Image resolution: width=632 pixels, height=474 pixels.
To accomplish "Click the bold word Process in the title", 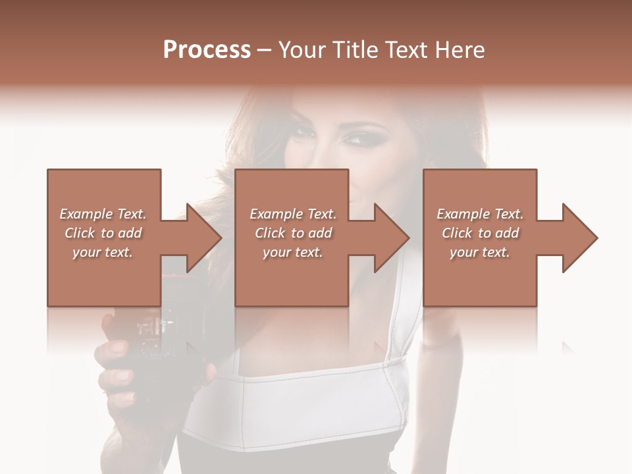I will (x=207, y=50).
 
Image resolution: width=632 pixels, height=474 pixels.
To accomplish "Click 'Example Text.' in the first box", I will (x=103, y=214).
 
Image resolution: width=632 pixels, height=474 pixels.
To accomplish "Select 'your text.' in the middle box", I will (x=292, y=252).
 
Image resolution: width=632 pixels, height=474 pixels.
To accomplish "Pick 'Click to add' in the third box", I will (x=480, y=233).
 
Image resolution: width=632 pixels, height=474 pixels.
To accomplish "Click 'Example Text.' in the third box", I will (x=480, y=214).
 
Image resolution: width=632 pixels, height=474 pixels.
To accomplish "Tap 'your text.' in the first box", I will (x=103, y=252).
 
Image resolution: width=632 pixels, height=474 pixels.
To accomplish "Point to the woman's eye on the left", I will (x=303, y=132).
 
